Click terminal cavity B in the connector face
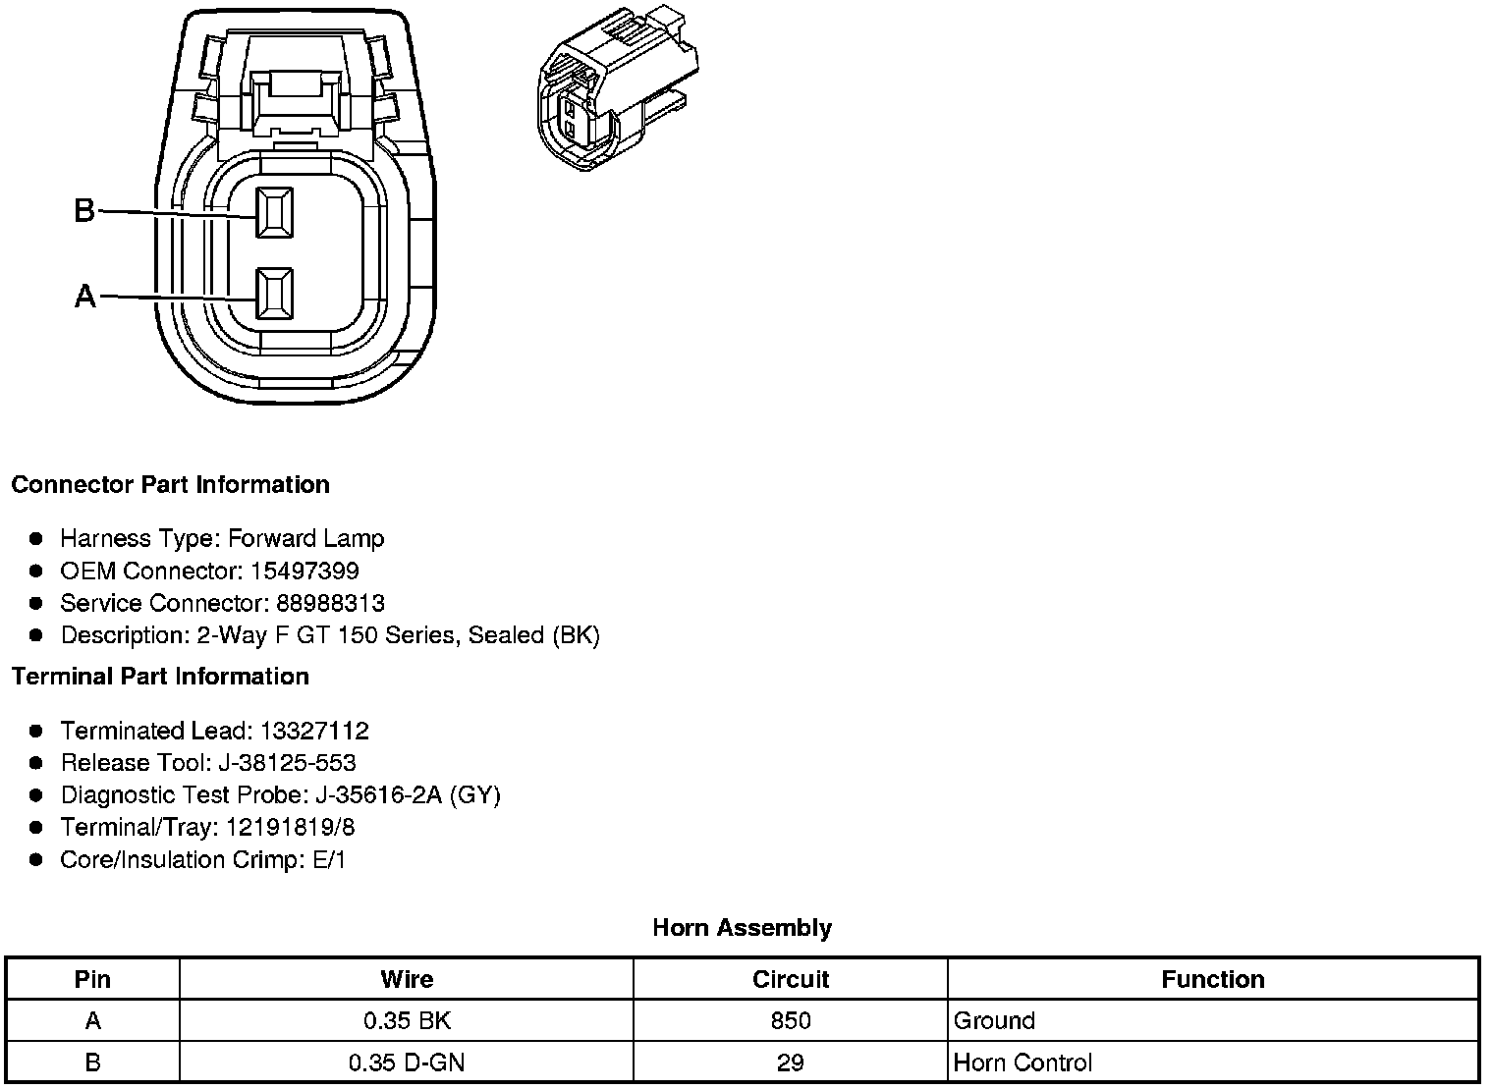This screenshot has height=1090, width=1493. click(x=274, y=212)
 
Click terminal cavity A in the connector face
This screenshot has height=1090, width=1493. click(x=274, y=294)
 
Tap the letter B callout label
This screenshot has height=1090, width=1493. click(x=84, y=210)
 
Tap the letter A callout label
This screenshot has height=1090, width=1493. click(x=85, y=296)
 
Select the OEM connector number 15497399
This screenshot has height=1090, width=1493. click(x=304, y=571)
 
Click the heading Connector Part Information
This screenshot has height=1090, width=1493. click(x=170, y=485)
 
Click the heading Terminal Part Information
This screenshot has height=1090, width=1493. click(x=160, y=677)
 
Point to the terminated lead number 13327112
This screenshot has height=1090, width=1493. click(x=314, y=731)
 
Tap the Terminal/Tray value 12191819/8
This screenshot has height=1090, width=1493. click(x=290, y=828)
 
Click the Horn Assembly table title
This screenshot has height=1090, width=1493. click(x=742, y=928)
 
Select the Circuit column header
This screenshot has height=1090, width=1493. click(x=790, y=979)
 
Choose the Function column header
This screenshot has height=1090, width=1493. click(x=1212, y=979)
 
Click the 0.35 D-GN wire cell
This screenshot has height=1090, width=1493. click(x=406, y=1063)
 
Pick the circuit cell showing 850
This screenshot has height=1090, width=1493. click(x=790, y=1021)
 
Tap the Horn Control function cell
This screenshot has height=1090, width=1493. click(x=1023, y=1063)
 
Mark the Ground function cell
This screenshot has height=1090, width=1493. click(x=994, y=1021)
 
